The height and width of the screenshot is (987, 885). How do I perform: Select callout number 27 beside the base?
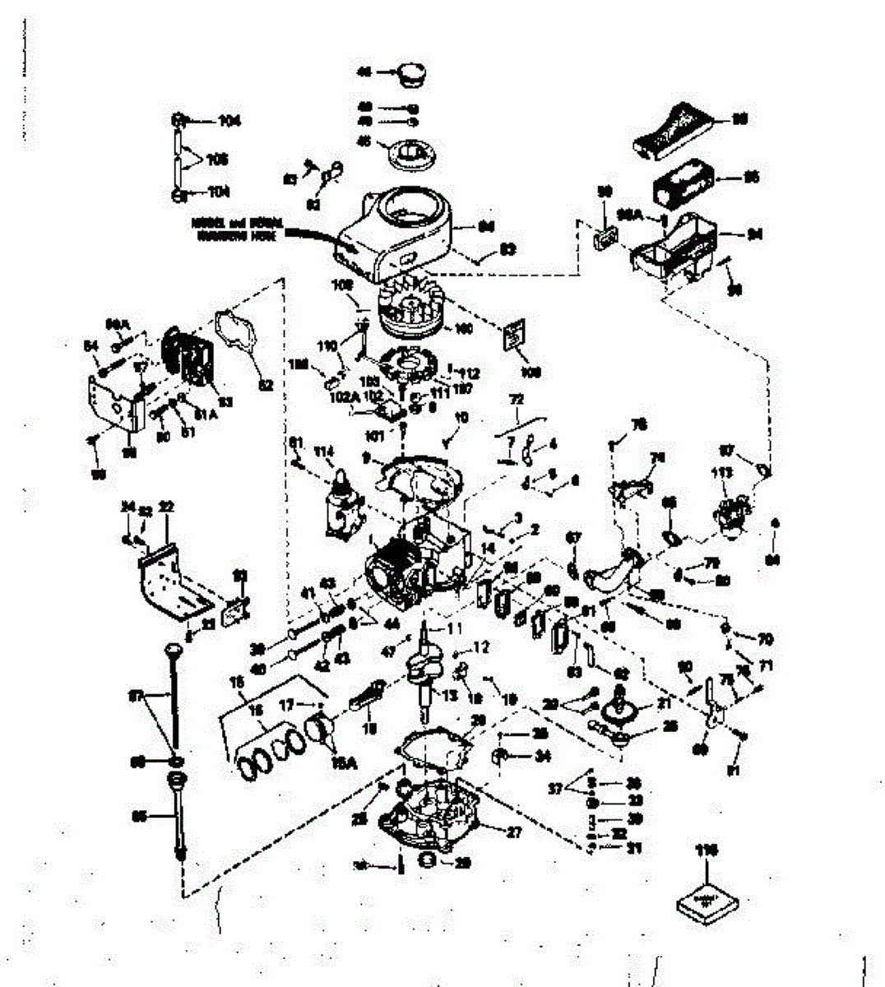(514, 832)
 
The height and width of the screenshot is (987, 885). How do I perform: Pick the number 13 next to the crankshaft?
(448, 696)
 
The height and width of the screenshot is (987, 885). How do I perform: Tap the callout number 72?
(516, 401)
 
